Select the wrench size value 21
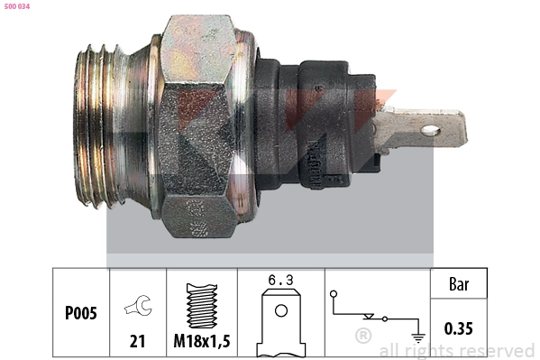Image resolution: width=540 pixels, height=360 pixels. (x=138, y=341)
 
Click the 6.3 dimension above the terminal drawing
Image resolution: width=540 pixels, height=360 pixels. (x=280, y=281)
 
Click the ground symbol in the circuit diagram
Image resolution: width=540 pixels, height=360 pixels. (x=417, y=337)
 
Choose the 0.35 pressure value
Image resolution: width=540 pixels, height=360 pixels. (x=458, y=328)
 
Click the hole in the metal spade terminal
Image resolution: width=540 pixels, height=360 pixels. (x=430, y=131)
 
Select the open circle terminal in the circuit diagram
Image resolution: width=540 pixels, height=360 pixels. (x=334, y=295)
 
